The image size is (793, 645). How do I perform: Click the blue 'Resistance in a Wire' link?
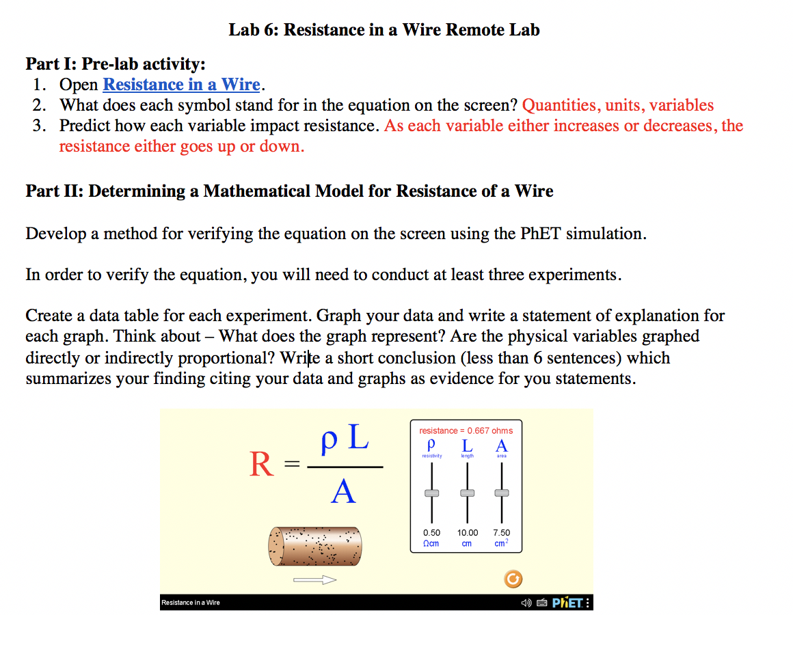click(x=181, y=85)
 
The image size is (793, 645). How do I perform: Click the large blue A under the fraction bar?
click(x=343, y=491)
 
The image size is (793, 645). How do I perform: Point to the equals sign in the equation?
click(x=292, y=465)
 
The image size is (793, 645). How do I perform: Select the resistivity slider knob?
click(x=431, y=493)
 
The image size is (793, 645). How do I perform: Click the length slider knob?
click(x=467, y=493)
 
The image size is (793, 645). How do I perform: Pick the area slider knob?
click(x=502, y=493)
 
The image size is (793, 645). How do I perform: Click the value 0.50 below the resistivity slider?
click(x=431, y=532)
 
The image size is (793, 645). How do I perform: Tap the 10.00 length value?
click(x=468, y=532)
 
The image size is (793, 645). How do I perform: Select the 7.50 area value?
click(x=502, y=532)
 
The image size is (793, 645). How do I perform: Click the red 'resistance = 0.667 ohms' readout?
click(x=466, y=430)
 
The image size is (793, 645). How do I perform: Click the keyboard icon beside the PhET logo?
click(x=540, y=603)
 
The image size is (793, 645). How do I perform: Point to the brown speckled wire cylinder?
click(x=315, y=545)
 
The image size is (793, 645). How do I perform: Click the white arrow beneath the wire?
click(x=315, y=580)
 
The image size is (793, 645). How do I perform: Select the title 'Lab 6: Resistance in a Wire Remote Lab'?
click(x=384, y=30)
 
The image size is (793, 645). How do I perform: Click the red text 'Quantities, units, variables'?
click(x=618, y=105)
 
